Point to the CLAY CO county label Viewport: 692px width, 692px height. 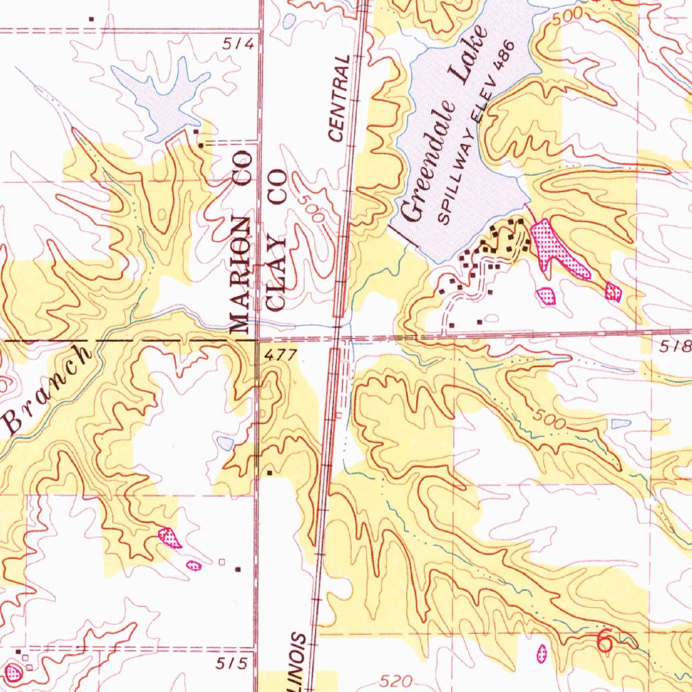(277, 240)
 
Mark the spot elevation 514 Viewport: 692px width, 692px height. (239, 45)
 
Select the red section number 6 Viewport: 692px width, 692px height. (605, 641)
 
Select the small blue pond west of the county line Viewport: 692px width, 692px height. (225, 443)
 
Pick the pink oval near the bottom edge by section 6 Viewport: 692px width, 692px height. (541, 652)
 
